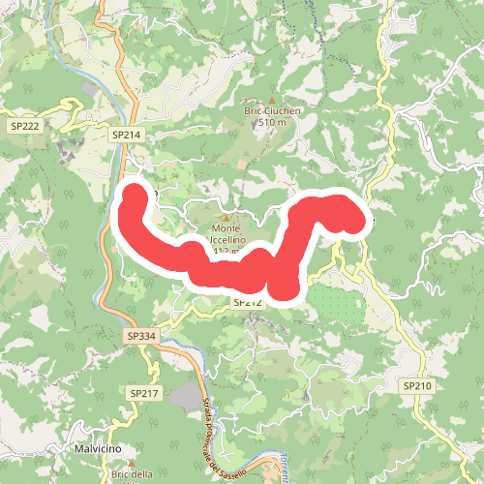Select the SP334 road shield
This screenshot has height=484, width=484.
[140, 336]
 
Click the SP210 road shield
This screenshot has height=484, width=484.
[417, 385]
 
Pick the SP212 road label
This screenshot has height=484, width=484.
[248, 303]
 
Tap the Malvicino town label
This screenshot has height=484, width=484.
[96, 449]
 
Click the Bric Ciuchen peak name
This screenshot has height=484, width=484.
[273, 111]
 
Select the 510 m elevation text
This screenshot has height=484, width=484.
[273, 123]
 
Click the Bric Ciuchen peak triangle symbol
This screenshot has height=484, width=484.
[273, 99]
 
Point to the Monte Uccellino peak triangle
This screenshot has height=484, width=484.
[227, 217]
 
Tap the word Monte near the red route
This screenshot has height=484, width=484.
[226, 230]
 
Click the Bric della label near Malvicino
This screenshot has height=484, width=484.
[132, 473]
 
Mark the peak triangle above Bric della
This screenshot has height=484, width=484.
[128, 462]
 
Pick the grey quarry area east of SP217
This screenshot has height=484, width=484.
[181, 396]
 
